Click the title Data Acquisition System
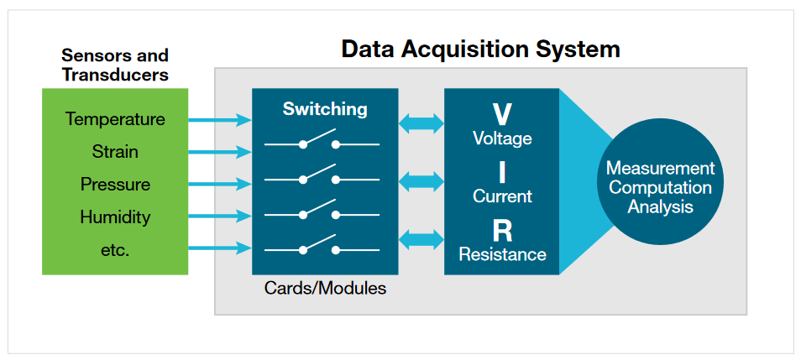480,49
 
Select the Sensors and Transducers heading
115,65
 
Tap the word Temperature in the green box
115,119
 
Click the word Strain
115,152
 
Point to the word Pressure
115,185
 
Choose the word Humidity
115,217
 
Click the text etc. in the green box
115,250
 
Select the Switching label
324,109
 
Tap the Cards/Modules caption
325,288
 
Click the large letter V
502,114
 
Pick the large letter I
502,173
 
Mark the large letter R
502,231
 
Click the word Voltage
502,138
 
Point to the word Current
502,196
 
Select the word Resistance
502,254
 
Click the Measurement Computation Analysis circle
660,187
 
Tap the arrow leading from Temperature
220,120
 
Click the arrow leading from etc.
220,248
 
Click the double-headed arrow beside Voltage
421,124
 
